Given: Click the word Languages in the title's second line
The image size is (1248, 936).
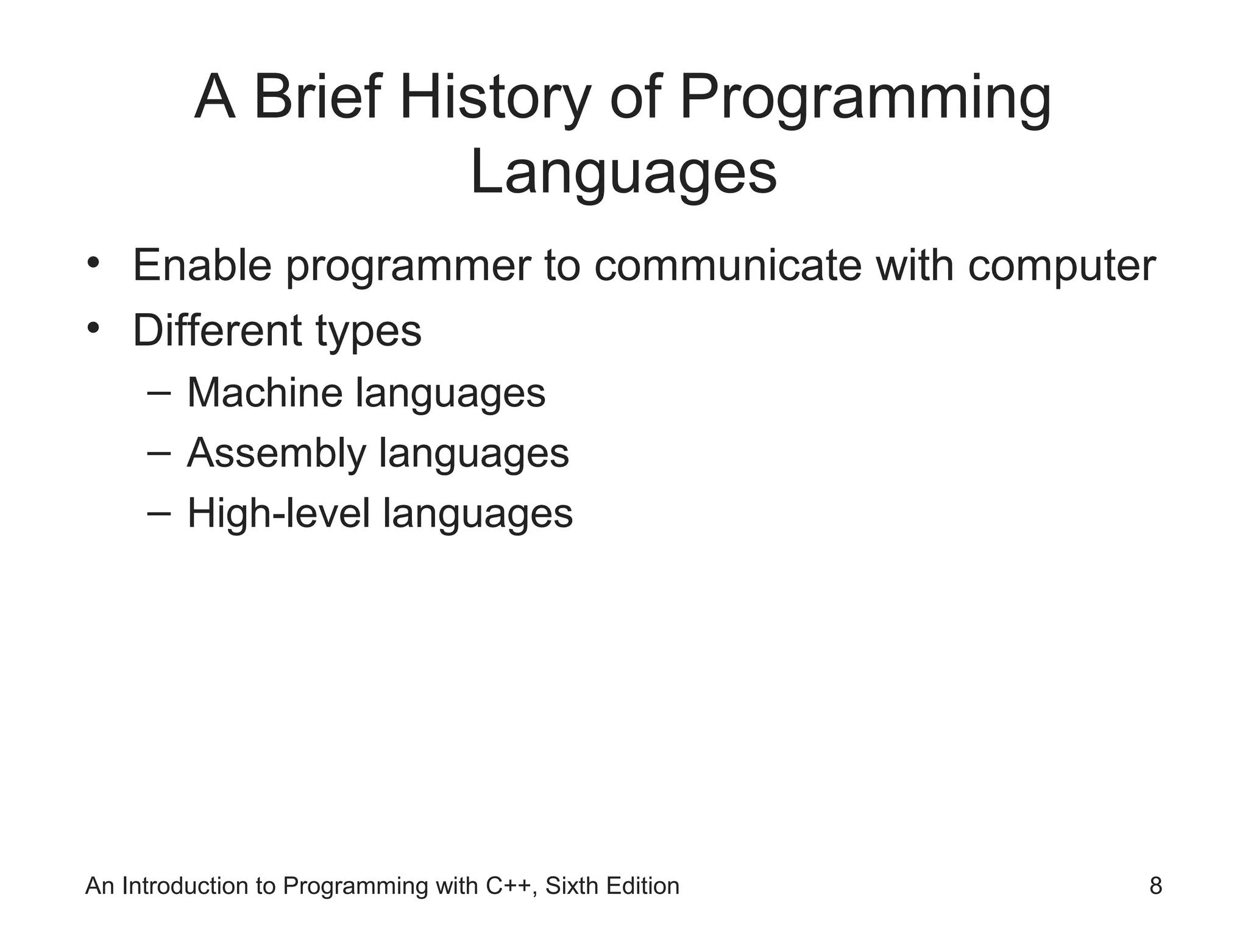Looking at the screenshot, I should (623, 174).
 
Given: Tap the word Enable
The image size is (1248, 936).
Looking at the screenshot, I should (202, 266).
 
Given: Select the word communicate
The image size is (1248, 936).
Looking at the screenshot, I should (728, 266).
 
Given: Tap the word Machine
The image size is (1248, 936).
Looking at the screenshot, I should (264, 393).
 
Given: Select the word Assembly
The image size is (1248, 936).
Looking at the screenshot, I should (276, 455).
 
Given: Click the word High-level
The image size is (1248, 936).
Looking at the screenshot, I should (278, 514).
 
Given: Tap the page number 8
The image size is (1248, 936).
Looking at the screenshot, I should (1155, 886).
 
